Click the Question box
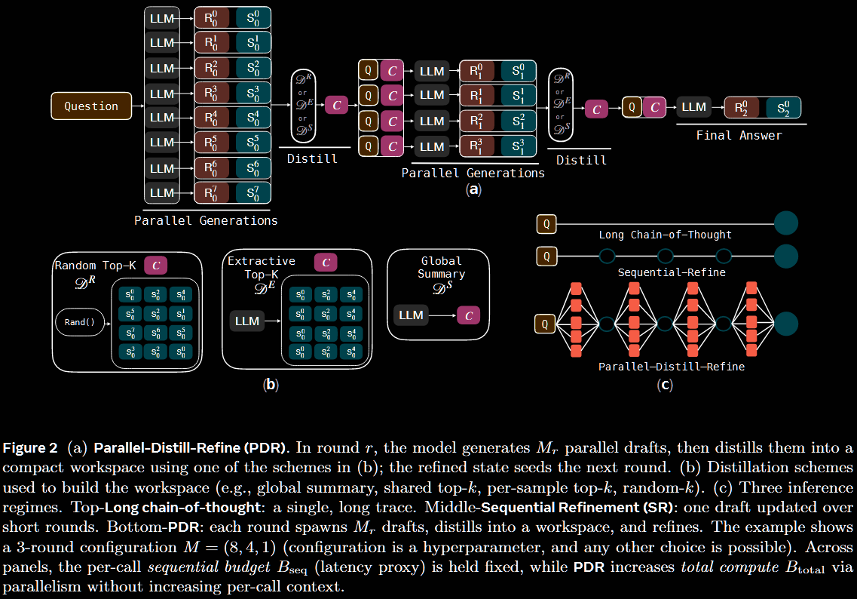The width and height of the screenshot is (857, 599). coord(90,106)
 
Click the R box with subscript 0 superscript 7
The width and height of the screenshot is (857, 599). coord(214,192)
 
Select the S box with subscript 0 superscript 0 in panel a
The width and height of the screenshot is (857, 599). coord(253,18)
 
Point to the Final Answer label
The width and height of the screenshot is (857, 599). coord(739,136)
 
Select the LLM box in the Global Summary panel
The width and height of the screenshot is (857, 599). coord(411,315)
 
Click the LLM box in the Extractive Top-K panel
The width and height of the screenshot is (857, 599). coord(247,321)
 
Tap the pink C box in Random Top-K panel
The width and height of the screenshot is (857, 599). coord(155,265)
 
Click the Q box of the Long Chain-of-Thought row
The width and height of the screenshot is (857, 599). coord(546,223)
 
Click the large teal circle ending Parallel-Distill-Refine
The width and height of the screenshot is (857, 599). coord(786,324)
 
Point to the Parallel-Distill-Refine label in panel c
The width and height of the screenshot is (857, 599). coord(671,367)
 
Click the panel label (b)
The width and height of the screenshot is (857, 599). coord(271,385)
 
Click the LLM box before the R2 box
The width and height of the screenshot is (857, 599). coord(693,107)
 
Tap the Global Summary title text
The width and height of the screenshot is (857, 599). coord(442,267)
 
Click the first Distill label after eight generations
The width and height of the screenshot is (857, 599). coord(312,159)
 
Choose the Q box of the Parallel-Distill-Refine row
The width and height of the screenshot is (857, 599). coord(546,324)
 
